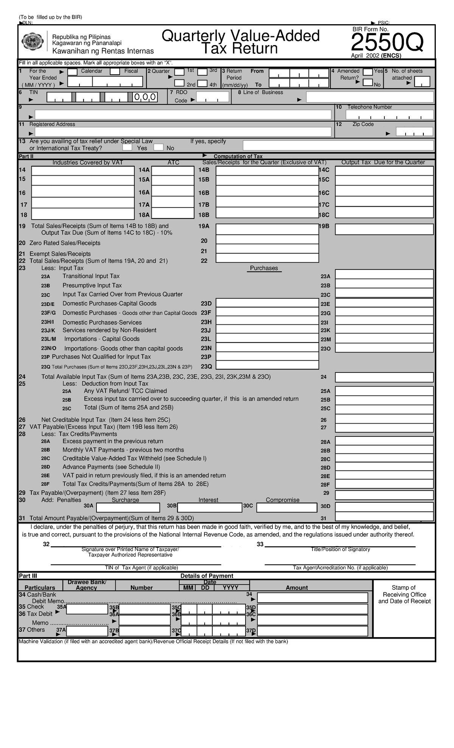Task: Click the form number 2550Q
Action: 386,44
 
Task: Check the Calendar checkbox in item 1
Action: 73,72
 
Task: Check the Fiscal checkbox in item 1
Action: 115,72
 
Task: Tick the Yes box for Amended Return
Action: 367,72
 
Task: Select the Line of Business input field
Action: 369,97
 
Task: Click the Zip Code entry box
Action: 415,132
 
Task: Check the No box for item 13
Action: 159,147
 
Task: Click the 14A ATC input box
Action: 173,171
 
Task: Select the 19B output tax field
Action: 384,229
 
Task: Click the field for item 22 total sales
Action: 267,258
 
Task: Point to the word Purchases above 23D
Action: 264,268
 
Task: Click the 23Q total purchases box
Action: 267,365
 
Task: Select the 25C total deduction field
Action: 384,408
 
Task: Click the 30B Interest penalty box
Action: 210,507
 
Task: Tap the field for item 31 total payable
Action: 384,517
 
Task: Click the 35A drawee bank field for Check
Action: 87,609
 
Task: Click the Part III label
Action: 28,576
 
